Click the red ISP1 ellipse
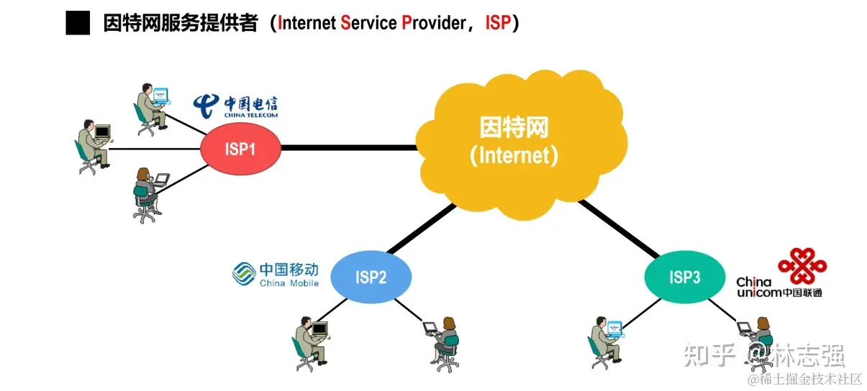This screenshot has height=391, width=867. coord(240,149)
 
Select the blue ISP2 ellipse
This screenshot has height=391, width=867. coord(371,277)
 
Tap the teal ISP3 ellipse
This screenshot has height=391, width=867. coord(684,277)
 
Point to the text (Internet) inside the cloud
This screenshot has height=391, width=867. coord(514,155)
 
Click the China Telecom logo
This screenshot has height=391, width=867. coord(235,106)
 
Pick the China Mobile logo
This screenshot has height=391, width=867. coord(275,274)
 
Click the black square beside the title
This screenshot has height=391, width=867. coord(78,23)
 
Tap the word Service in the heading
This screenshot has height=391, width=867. coord(368,23)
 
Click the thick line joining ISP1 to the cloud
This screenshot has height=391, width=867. coord(348,147)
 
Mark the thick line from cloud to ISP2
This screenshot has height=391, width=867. coord(422,229)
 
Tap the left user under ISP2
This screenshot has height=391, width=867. coord(310,342)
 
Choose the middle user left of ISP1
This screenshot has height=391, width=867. coord(93,147)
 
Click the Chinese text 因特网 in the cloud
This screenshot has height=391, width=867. coord(514,128)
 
